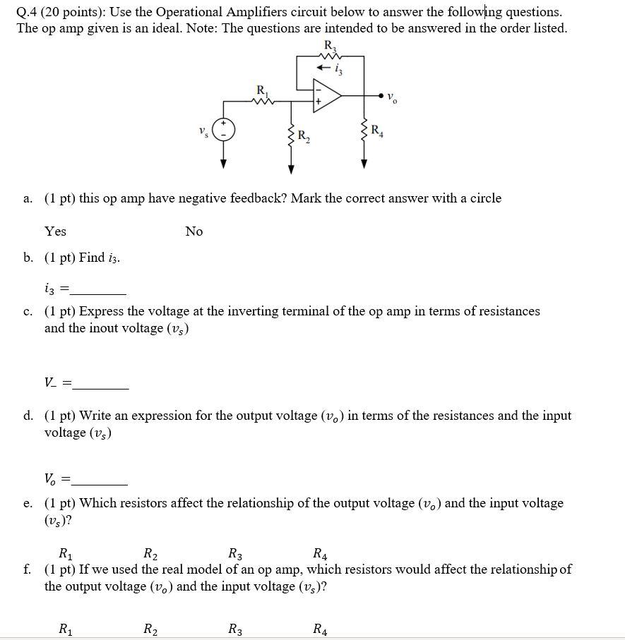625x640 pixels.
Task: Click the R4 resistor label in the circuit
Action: click(x=378, y=129)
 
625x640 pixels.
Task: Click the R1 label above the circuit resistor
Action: click(x=262, y=90)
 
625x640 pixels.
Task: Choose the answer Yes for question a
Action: click(x=55, y=231)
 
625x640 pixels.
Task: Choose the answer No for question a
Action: click(x=194, y=231)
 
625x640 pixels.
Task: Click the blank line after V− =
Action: click(x=100, y=385)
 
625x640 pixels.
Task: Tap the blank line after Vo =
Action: click(x=100, y=481)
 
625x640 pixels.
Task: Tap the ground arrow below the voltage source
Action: click(x=224, y=162)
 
